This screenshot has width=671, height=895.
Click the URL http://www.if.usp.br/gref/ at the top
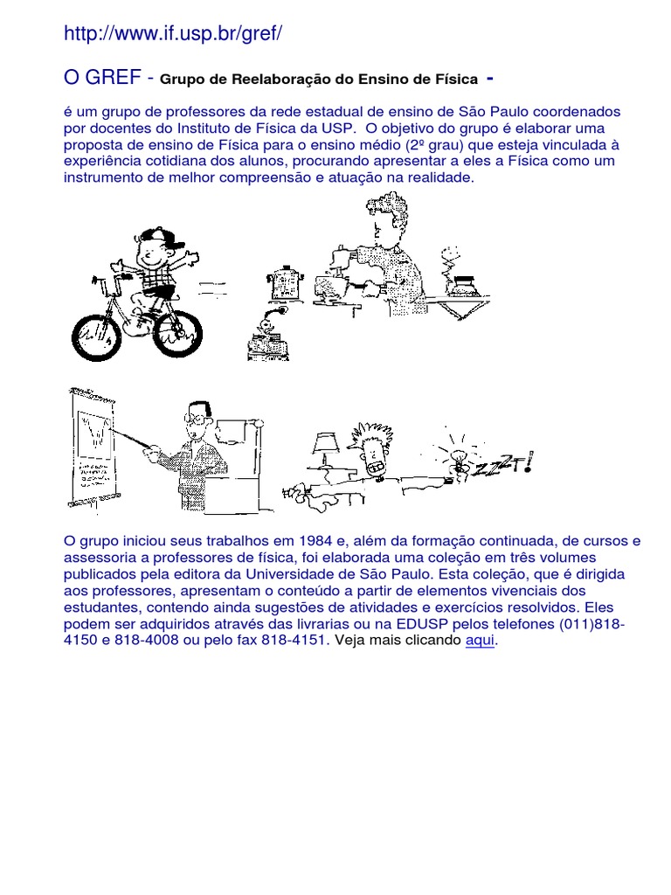[x=174, y=34]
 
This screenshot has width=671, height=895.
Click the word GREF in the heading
[x=113, y=78]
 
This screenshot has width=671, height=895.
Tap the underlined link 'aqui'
[x=481, y=641]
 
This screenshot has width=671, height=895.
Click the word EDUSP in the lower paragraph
[x=421, y=624]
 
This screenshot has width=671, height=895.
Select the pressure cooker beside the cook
[x=285, y=279]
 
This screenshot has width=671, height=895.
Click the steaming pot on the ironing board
[x=459, y=281]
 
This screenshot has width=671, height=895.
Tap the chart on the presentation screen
[x=96, y=434]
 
